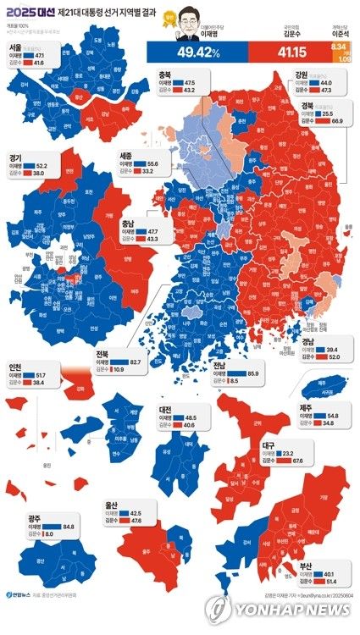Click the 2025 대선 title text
pos(28,12)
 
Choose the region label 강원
pos(302,74)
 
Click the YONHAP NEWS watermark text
pos(292,610)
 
